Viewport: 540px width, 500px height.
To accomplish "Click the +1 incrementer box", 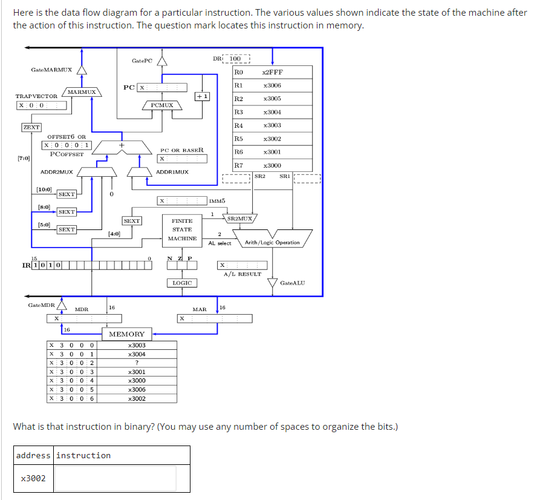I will [203, 96].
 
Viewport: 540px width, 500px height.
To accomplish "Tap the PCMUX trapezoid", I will [162, 105].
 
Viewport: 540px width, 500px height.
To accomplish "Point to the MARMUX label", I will [82, 92].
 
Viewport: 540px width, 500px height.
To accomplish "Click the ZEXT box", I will [31, 127].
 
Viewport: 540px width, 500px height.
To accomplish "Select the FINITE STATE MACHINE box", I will [182, 229].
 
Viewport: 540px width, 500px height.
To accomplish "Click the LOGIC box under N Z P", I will [182, 283].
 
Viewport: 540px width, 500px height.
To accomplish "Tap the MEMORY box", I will [127, 334].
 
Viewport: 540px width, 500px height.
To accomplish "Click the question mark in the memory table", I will [138, 363].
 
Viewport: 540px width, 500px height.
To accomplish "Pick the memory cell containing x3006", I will [137, 390].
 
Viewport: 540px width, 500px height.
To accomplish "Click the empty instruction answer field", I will [115, 478].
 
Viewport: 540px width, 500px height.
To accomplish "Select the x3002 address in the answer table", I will [33, 478].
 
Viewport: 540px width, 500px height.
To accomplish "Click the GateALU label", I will [293, 283].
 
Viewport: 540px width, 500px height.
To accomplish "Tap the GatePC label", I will [142, 61].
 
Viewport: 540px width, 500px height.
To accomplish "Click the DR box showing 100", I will [239, 59].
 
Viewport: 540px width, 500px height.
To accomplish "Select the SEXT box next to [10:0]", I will [67, 194].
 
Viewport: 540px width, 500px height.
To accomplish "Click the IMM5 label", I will [217, 200].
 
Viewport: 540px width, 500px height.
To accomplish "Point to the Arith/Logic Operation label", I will [272, 243].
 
